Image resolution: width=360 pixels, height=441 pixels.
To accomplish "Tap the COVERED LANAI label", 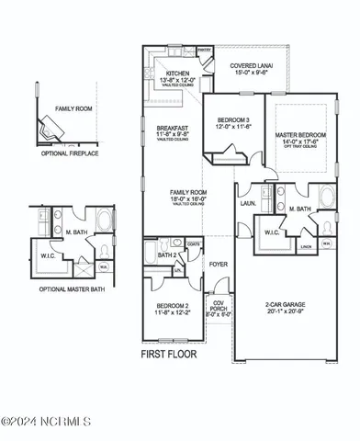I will point(250,66).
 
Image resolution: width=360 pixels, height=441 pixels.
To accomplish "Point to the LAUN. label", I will point(247,204).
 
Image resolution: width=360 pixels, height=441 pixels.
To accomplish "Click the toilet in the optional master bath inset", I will point(102,250).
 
